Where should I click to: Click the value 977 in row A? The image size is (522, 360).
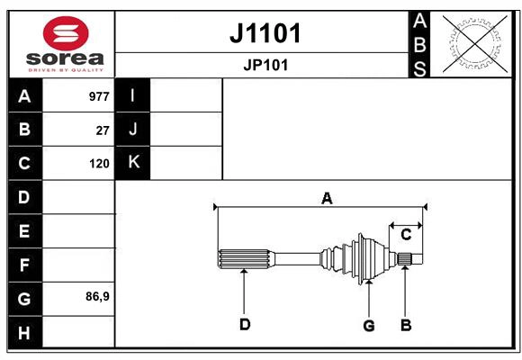tap(98, 96)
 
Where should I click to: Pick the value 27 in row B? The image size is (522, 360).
tap(103, 130)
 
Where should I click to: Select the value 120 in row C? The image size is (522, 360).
tap(99, 164)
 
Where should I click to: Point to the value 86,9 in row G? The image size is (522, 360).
tap(97, 296)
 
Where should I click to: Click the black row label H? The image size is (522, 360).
tap(24, 332)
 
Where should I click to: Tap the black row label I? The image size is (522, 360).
tap(133, 96)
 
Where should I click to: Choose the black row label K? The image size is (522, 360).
tap(133, 163)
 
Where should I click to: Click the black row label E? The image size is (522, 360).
tap(24, 230)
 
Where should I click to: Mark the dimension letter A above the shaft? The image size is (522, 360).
tap(327, 198)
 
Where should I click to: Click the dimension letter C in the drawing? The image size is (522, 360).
tap(406, 234)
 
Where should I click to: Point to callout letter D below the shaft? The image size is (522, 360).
tap(244, 325)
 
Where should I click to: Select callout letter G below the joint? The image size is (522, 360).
tap(368, 325)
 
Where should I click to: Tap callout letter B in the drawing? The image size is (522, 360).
tap(406, 325)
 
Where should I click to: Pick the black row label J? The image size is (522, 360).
tap(133, 130)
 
